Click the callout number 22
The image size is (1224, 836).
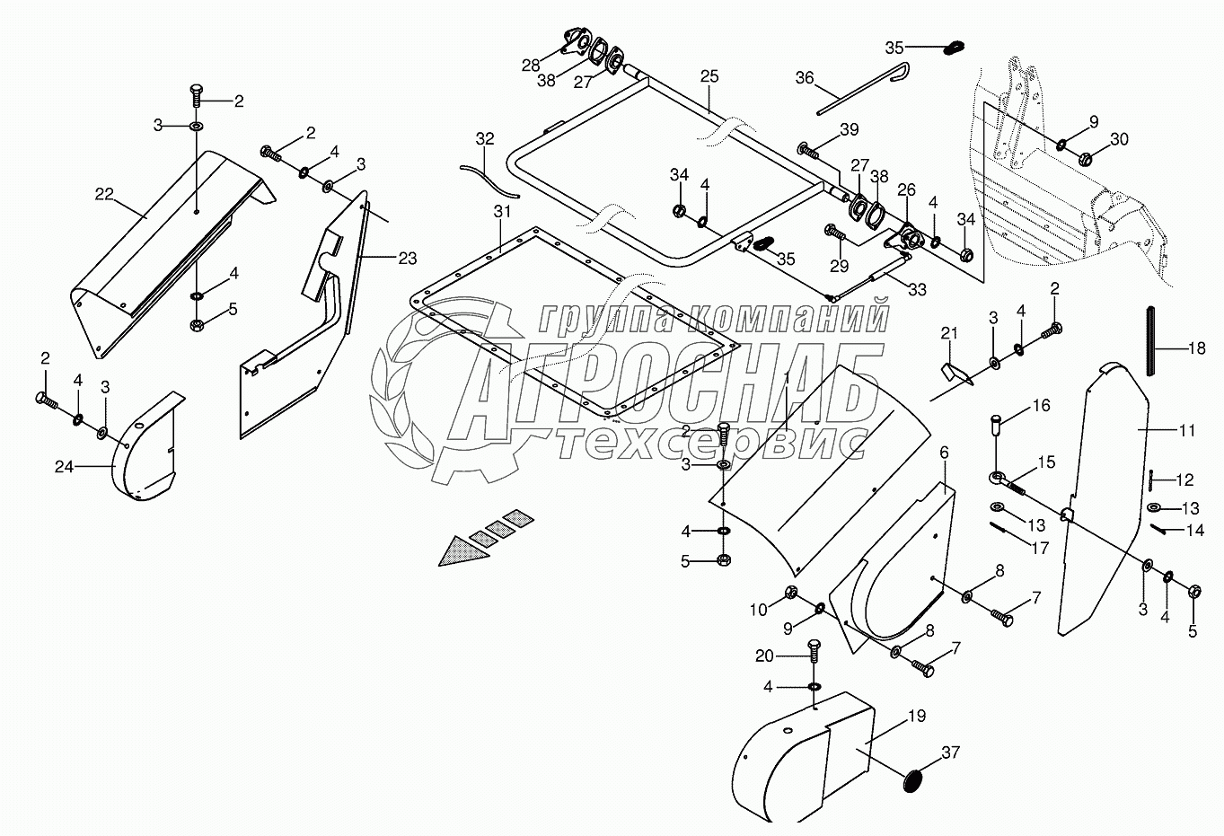[104, 194]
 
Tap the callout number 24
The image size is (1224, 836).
[63, 466]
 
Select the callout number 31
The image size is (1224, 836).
[501, 213]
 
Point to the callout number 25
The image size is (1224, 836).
[709, 76]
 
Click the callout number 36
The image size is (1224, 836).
[805, 78]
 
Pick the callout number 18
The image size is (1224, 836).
[1197, 349]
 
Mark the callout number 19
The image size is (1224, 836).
[915, 717]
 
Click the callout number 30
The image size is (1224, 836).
[1119, 139]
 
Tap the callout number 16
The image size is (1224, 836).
[1041, 406]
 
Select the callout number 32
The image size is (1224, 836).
[485, 139]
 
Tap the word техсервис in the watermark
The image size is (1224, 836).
[709, 443]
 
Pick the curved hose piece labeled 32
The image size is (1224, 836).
[489, 179]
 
